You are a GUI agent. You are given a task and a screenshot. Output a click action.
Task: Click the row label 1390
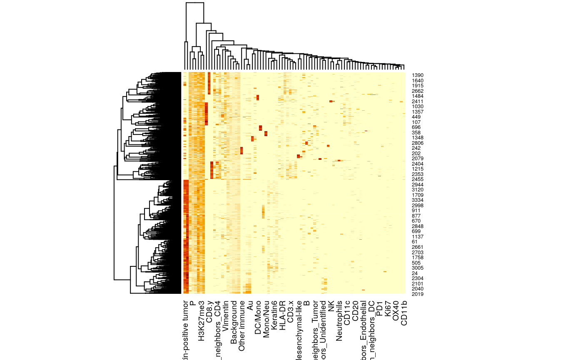point(417,75)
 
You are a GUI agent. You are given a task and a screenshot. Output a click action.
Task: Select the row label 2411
point(417,102)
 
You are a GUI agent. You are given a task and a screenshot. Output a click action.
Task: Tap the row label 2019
point(417,294)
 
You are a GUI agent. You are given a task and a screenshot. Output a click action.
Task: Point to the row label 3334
point(417,200)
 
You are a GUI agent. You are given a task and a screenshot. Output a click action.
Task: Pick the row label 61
point(414,242)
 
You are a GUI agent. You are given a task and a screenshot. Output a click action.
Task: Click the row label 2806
point(417,143)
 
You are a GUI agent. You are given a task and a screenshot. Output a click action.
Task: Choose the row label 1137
point(417,237)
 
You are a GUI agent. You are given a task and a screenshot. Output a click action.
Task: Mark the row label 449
point(416,117)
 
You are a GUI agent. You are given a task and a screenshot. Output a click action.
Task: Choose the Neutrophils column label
point(339,321)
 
